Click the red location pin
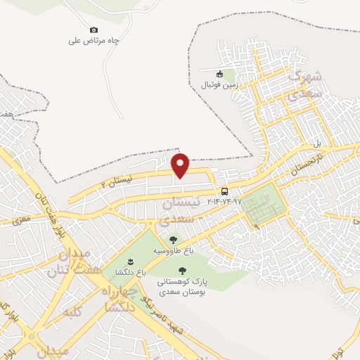click(181, 165)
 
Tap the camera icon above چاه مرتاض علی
click(94, 30)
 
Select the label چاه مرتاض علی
click(94, 41)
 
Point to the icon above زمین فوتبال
click(219, 74)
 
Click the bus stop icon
click(224, 191)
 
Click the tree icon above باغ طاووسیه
click(173, 240)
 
